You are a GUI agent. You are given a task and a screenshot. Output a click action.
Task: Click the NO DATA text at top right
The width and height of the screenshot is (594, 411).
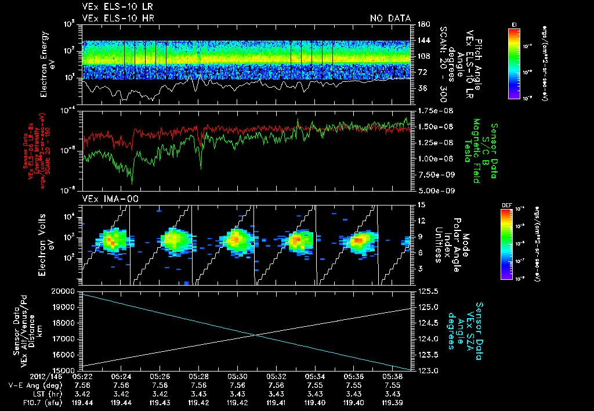coord(390,19)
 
